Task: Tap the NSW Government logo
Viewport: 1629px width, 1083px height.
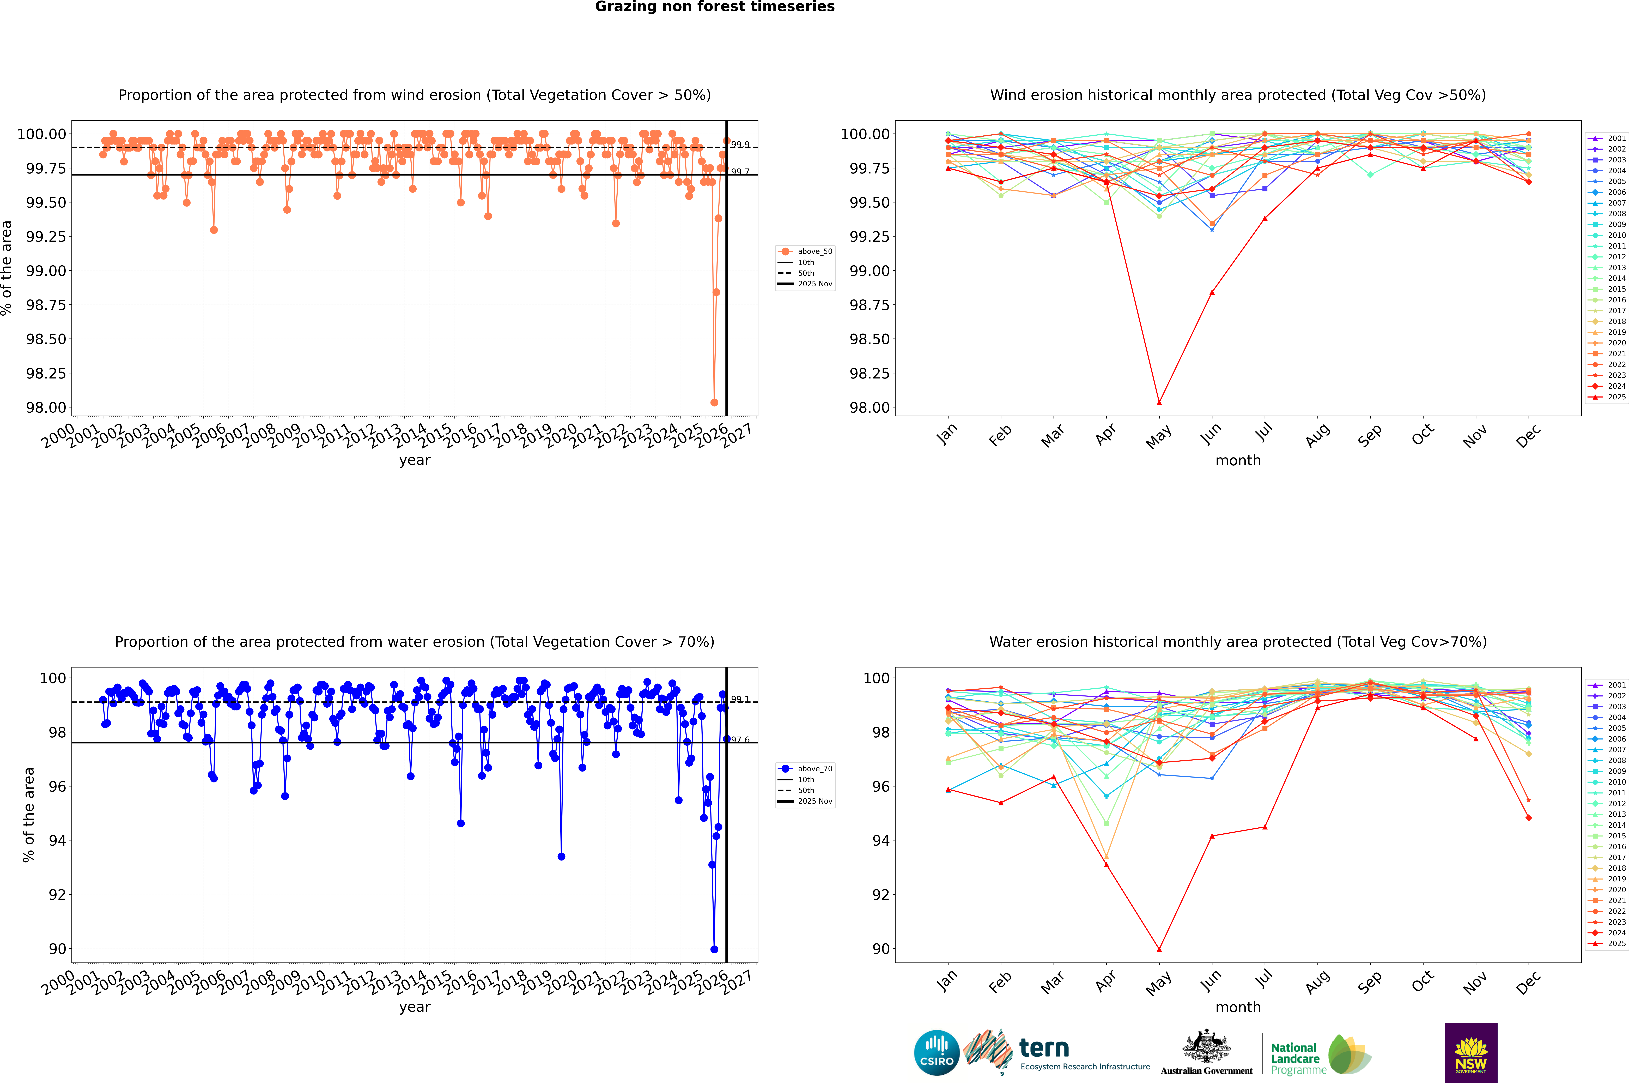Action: (x=1471, y=1053)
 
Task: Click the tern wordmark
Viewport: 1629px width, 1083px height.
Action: (x=1044, y=1049)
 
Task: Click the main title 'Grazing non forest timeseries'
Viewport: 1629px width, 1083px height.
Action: (x=715, y=7)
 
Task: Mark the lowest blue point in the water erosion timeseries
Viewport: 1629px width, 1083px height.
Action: (x=714, y=949)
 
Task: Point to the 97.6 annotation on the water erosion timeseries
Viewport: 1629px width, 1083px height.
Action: (x=740, y=740)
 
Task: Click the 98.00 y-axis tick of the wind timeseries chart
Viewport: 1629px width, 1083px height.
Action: (x=46, y=407)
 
